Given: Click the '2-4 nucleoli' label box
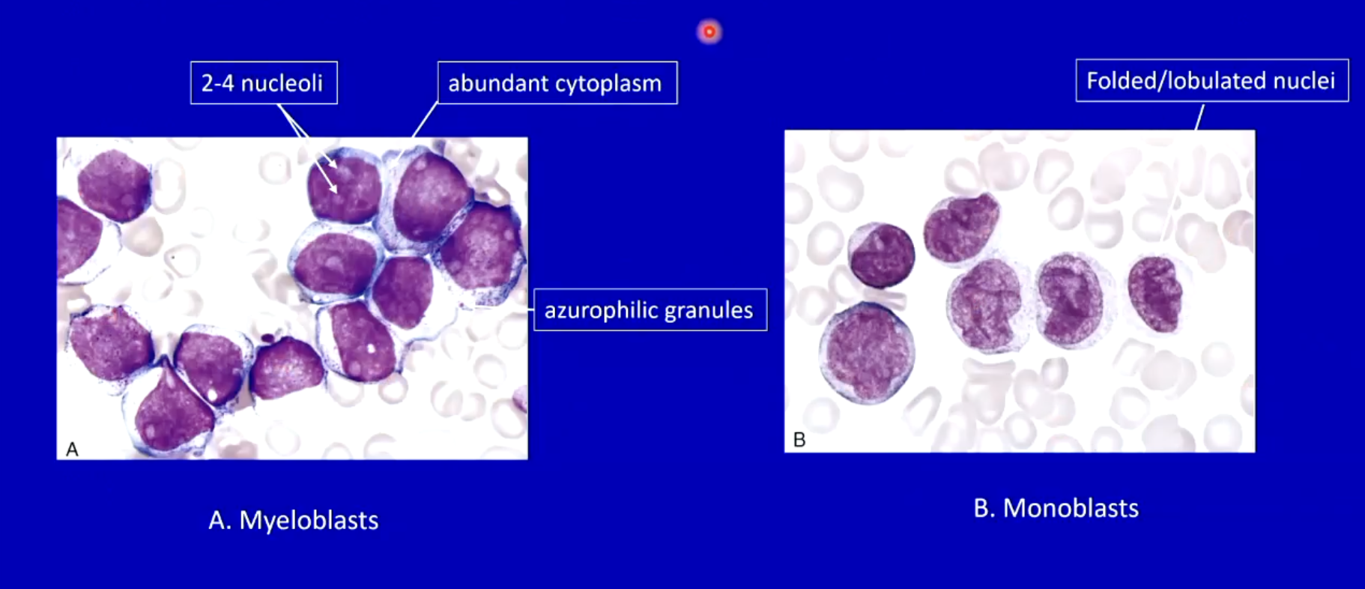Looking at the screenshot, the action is point(264,82).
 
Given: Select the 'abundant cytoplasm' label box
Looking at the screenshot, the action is point(557,82).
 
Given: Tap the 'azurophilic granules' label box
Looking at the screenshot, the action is point(650,309).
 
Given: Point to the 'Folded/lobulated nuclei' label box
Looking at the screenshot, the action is point(1212,80).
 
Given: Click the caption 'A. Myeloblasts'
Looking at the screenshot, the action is point(294,520).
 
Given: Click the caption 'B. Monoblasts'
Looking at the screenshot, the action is point(1056,508).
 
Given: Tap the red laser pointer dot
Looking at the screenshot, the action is point(709,31).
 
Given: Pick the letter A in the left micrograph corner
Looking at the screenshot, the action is point(72,449).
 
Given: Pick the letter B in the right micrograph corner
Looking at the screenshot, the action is point(799,440).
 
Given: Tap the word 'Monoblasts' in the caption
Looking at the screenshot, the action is point(1071,508).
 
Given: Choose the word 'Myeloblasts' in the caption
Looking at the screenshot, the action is point(309,520).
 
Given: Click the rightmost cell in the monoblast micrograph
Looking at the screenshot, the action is point(1156,294).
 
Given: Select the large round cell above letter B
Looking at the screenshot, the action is point(867,352).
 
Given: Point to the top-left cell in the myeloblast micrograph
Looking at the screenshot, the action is point(115,186).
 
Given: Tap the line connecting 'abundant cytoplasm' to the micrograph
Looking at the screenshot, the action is point(425,120).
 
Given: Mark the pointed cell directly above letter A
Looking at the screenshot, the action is point(172,408).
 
